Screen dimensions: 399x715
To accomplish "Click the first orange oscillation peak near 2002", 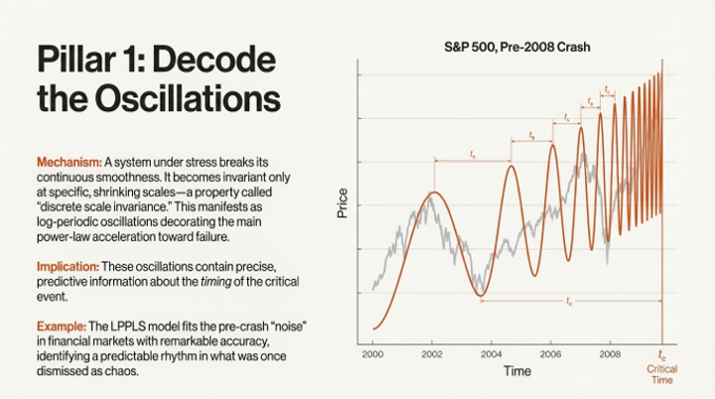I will pyautogui.click(x=431, y=193).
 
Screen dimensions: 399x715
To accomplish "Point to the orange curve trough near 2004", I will pyautogui.click(x=481, y=294).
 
